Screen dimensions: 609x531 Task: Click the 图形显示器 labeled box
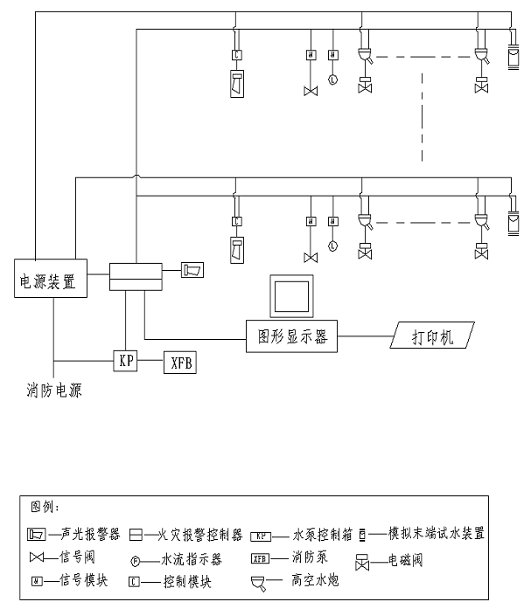[291, 336]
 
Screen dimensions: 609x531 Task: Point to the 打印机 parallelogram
[431, 336]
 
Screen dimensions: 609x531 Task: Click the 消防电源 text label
[54, 391]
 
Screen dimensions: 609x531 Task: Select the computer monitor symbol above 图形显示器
[291, 297]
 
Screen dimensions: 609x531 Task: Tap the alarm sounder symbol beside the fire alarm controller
[192, 269]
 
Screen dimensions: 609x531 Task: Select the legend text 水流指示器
[192, 557]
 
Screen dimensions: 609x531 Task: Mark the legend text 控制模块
[187, 580]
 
